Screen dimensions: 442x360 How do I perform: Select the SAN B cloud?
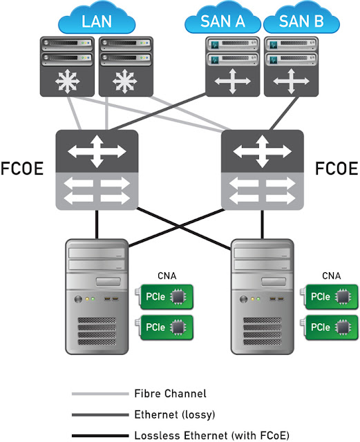[301, 20]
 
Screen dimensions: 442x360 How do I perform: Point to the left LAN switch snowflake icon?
[67, 82]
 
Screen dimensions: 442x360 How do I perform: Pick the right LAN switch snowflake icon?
[124, 82]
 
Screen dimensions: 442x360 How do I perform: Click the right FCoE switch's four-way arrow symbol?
[261, 151]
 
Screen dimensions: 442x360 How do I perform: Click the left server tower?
[96, 297]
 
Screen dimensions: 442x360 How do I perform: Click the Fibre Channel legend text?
[169, 394]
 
